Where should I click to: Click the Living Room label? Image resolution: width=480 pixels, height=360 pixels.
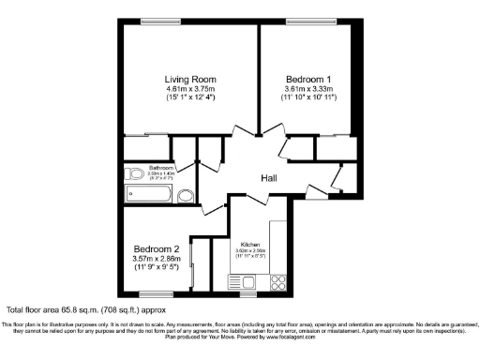coord(189,79)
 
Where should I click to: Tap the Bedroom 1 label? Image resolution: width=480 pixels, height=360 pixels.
coord(307,79)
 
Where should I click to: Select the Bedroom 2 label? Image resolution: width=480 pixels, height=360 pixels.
coord(156,249)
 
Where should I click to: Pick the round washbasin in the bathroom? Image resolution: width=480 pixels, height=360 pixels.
coord(186,197)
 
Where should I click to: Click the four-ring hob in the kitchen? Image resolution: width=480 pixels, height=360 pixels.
coord(277,280)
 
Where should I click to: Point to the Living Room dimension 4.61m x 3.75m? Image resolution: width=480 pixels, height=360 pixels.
coord(189,89)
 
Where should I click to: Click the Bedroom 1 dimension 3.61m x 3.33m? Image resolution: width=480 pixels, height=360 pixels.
coord(307,89)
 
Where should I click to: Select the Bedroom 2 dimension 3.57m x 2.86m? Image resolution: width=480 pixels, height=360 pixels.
coord(156,260)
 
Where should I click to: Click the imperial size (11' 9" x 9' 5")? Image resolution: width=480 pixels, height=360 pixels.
coord(156,269)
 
